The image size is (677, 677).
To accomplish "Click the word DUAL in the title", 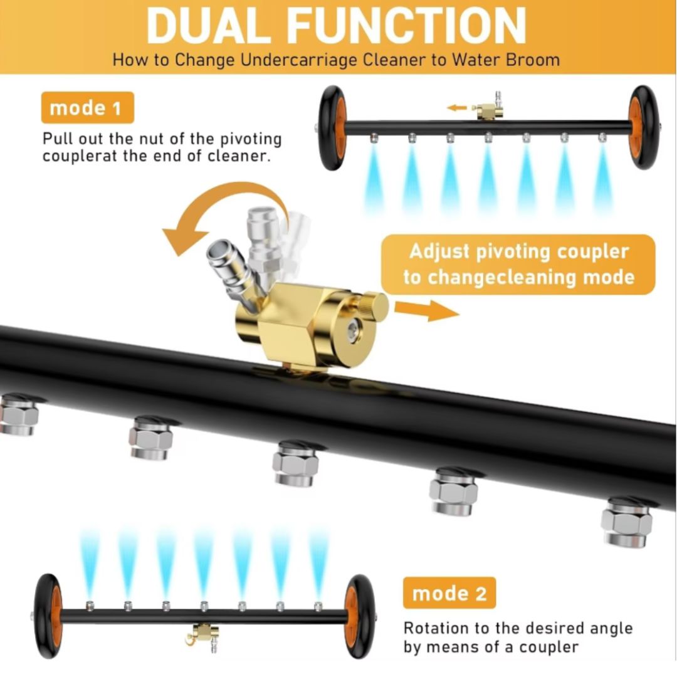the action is (x=209, y=26).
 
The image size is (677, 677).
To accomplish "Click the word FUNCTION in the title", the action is (x=406, y=26).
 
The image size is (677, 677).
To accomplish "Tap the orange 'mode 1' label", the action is (x=87, y=108).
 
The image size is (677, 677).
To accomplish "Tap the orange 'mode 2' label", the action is (x=449, y=593).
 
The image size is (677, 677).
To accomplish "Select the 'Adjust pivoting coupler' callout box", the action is (x=518, y=265).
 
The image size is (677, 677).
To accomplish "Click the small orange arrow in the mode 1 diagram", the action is (x=457, y=108).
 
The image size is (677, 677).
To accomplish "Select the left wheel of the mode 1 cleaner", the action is (x=332, y=127).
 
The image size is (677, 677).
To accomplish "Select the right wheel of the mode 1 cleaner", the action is (x=643, y=127).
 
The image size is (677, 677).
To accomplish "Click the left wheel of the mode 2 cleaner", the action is (x=48, y=616).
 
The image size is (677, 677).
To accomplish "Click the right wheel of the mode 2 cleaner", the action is (x=359, y=616).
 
